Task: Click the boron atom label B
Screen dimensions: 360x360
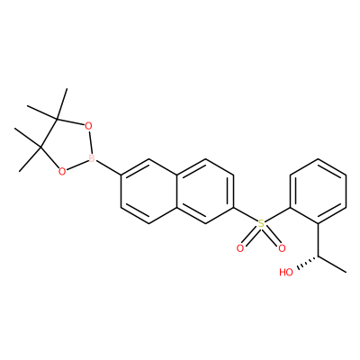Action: (92, 158)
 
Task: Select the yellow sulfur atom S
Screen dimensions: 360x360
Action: (261, 223)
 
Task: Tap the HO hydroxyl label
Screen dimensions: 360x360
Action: (286, 272)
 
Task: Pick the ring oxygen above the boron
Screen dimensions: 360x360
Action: (88, 126)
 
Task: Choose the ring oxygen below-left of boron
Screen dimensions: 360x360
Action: (62, 172)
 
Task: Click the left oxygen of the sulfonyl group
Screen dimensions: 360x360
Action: (240, 248)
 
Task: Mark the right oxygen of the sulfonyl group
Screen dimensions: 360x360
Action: (282, 248)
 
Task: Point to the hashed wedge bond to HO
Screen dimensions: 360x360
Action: (307, 263)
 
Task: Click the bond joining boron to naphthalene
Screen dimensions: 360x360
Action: (109, 167)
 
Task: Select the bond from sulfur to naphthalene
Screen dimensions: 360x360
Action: (246, 214)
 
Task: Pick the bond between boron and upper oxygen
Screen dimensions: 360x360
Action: (90, 142)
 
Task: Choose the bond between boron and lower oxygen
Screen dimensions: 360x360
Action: (76, 165)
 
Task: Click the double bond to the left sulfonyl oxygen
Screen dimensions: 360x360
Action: (249, 237)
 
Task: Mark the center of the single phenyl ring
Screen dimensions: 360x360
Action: (318, 191)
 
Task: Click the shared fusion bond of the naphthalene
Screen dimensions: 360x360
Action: (177, 191)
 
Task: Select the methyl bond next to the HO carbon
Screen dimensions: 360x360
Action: (332, 265)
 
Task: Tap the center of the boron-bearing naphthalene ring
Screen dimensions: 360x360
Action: (149, 191)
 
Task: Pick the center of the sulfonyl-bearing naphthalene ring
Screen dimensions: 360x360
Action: (205, 191)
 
